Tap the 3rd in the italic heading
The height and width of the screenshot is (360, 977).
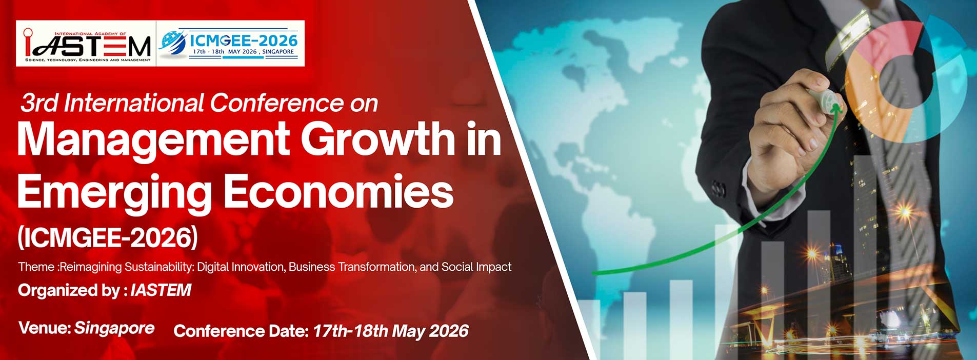click(39, 103)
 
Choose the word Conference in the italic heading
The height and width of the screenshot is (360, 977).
click(277, 103)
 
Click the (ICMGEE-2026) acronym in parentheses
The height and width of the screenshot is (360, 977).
click(108, 237)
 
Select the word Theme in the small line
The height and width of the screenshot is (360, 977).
click(36, 267)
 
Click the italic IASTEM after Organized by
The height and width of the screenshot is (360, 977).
click(161, 290)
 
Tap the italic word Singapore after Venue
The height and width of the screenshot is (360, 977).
click(114, 328)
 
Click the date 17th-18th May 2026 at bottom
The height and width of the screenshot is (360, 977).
click(390, 331)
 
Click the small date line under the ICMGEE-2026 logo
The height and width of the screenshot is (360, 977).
click(243, 52)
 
